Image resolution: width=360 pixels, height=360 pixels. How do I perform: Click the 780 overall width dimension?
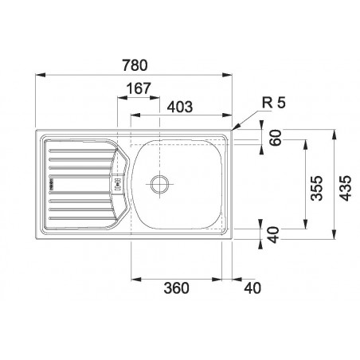(x=135, y=65)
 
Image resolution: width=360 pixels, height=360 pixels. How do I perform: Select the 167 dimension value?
(x=139, y=88)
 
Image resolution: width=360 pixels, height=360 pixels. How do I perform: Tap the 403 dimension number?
(x=180, y=107)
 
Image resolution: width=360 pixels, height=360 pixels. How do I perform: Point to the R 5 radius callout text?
(x=274, y=103)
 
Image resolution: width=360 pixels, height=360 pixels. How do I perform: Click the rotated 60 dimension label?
(x=275, y=138)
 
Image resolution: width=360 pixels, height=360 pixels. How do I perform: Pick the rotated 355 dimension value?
(x=317, y=188)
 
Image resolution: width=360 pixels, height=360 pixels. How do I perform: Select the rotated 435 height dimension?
(x=346, y=188)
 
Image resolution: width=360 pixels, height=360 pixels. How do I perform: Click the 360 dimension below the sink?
(x=177, y=288)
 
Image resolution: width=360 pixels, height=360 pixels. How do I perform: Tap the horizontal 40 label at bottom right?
(x=252, y=288)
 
